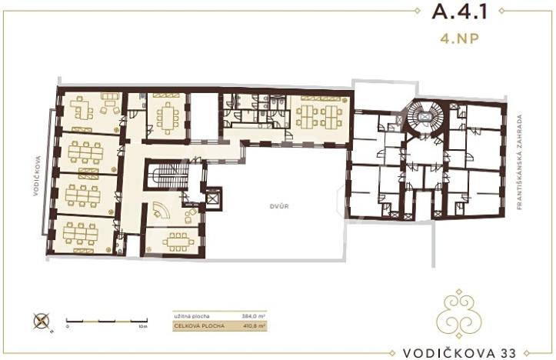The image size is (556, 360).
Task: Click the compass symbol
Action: tap(41, 322)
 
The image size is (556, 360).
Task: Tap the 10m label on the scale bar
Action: tap(144, 327)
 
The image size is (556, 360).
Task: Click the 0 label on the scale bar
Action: tap(67, 327)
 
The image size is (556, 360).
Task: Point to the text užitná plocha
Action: tap(191, 315)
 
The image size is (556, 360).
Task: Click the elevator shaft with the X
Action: tap(212, 197)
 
